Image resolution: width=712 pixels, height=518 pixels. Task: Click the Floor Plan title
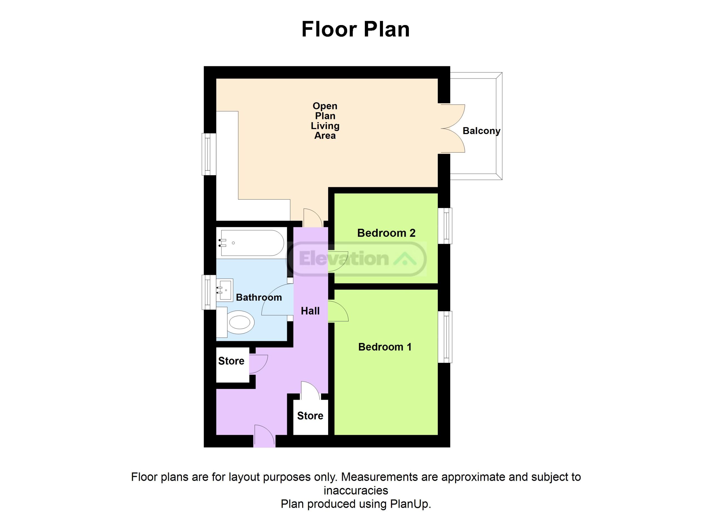[356, 29]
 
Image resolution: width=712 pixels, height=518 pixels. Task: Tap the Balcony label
[481, 131]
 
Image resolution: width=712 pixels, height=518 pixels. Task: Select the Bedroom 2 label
[386, 233]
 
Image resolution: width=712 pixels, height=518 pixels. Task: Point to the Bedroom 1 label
[385, 347]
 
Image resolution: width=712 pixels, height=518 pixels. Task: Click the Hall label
[310, 311]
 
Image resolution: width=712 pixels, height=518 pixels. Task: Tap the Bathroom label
[259, 297]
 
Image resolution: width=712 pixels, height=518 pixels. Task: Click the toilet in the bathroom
[236, 322]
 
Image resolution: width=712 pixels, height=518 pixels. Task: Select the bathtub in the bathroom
[251, 243]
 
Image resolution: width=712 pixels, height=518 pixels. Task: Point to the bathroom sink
[225, 290]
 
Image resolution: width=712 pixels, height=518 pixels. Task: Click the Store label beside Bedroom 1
[310, 416]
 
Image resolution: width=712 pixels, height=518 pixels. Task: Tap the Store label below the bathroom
[231, 361]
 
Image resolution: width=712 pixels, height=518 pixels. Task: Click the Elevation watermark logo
[356, 259]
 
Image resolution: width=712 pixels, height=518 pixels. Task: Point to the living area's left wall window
[209, 154]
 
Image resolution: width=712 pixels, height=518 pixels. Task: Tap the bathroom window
[209, 292]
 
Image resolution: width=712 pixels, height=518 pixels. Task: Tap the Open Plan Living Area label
[325, 121]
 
